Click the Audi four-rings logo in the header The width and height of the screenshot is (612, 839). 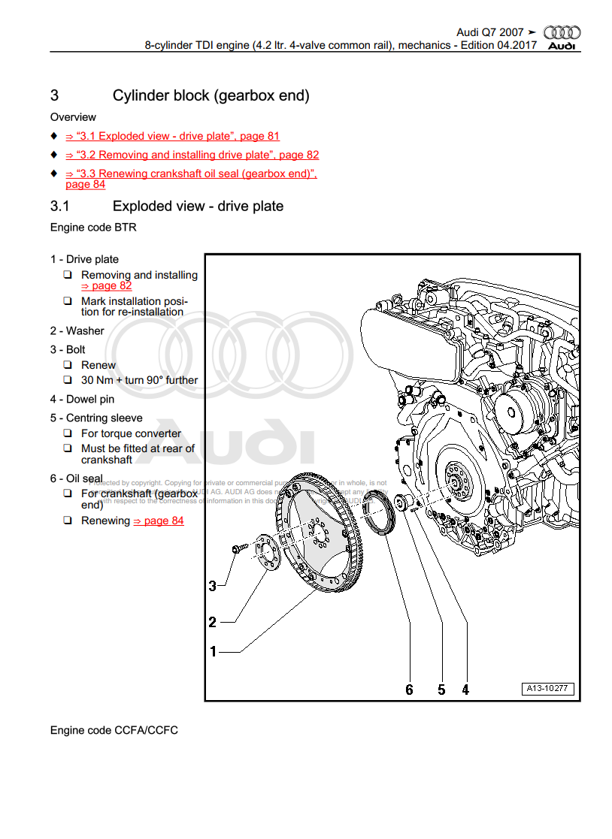pos(562,32)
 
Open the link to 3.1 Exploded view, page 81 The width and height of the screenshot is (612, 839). pos(172,136)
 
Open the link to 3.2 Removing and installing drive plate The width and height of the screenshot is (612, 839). pos(192,155)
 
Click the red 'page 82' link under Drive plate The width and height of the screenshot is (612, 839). pos(106,286)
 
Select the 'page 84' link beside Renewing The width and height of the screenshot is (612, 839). pos(159,521)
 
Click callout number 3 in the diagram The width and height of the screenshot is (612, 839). pos(212,585)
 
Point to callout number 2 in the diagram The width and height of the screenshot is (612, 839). pos(212,622)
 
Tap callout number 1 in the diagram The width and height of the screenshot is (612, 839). pos(213,651)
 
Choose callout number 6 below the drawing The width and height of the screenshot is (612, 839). pos(410,690)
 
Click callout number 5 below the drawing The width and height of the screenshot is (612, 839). pos(441,690)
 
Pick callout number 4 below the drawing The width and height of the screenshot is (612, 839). pos(465,690)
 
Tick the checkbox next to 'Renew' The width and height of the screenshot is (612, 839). pos(68,365)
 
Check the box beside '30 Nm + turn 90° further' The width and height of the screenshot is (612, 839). pos(68,380)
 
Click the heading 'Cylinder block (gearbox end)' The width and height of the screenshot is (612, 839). pos(211,95)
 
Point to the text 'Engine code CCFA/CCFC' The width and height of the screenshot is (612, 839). pos(114,730)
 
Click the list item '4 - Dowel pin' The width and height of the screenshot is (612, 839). pos(83,400)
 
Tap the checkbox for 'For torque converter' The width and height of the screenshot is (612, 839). pos(68,433)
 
